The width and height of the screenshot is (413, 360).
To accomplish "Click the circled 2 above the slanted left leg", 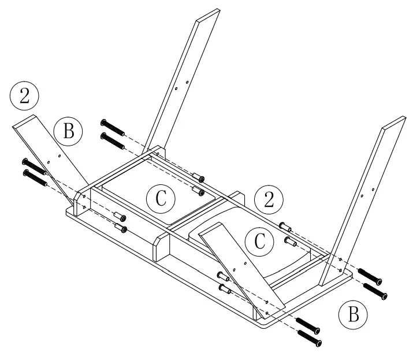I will pyautogui.click(x=24, y=95).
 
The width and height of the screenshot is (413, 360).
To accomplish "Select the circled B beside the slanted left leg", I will pyautogui.click(x=68, y=131).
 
